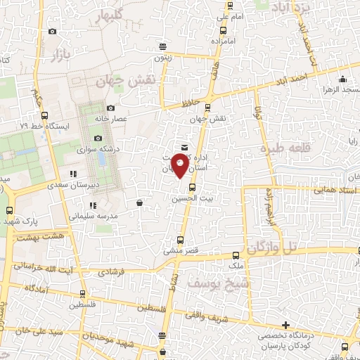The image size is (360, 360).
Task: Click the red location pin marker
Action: tap(180, 165)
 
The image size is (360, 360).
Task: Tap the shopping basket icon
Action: tap(139, 202)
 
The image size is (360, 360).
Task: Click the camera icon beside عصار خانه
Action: tap(111, 108)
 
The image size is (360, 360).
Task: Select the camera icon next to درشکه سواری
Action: tap(98, 138)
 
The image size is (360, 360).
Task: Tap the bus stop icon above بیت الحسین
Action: tap(192, 186)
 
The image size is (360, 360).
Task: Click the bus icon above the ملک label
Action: tap(235, 256)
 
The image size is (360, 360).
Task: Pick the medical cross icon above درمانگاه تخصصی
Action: tap(285, 325)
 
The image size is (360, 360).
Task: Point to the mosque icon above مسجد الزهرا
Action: tap(342, 79)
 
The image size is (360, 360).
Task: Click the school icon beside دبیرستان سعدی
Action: tap(72, 174)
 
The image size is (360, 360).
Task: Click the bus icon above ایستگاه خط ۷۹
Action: tap(45, 115)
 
